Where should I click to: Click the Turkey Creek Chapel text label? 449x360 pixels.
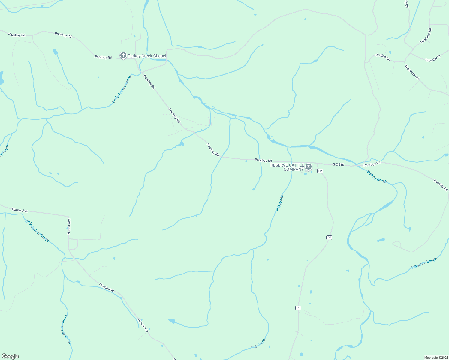click(147, 56)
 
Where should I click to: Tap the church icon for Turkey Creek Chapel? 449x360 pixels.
click(123, 55)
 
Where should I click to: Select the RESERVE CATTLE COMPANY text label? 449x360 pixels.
click(287, 167)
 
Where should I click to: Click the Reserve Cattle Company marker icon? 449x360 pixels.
click(308, 167)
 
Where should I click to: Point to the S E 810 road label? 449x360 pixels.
click(338, 165)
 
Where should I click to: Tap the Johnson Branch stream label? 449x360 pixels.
click(424, 263)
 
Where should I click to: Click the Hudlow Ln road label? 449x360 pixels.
click(383, 57)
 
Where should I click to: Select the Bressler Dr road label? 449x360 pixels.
click(433, 58)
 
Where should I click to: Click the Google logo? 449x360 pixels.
click(10, 356)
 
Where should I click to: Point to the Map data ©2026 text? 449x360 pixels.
click(435, 358)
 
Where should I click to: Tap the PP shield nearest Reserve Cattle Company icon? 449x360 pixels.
click(320, 171)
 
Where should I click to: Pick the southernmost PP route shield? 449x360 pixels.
click(298, 308)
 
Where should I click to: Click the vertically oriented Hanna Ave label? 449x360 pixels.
click(69, 226)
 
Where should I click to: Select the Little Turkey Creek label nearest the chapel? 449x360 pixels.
click(122, 89)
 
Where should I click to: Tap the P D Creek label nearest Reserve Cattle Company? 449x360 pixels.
click(279, 203)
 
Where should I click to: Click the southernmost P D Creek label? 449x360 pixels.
click(258, 344)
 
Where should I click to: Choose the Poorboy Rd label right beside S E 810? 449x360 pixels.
click(372, 164)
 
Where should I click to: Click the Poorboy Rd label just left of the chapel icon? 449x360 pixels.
click(103, 57)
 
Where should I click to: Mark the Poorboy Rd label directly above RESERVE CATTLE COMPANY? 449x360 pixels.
click(263, 160)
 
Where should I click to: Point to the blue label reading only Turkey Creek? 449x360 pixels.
click(377, 176)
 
